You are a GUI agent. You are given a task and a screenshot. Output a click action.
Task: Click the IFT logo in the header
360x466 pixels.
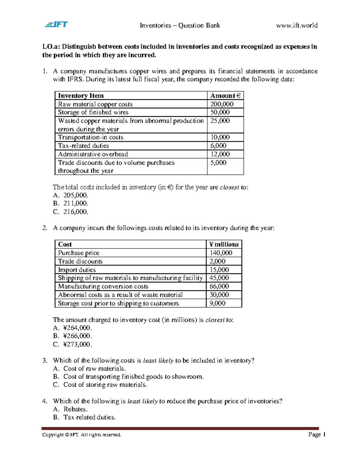pos(56,24)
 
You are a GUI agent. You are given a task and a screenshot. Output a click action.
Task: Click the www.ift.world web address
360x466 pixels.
pos(297,26)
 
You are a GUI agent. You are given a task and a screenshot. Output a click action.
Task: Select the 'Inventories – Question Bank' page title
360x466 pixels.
pos(180,26)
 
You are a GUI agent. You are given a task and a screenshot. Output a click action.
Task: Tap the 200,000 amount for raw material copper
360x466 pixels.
pos(222,104)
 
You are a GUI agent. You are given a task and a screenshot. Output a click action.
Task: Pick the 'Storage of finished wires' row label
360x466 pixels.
pos(93,112)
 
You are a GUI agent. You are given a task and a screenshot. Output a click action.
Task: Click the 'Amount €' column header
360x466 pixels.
pos(225,96)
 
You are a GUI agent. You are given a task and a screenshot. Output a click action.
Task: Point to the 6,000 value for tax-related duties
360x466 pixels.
pos(218,146)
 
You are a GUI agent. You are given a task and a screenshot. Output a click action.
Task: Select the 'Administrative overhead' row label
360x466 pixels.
pos(93,154)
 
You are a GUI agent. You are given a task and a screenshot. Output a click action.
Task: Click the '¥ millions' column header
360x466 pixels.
pos(224,244)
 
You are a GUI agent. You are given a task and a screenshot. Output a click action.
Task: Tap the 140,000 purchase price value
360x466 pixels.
pos(221,253)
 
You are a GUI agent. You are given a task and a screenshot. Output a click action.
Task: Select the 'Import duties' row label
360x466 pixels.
pos(77,270)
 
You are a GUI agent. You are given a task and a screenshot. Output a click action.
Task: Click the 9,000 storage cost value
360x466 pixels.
pos(217,303)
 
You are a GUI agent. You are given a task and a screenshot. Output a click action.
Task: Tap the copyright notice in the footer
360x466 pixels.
pos(82,435)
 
